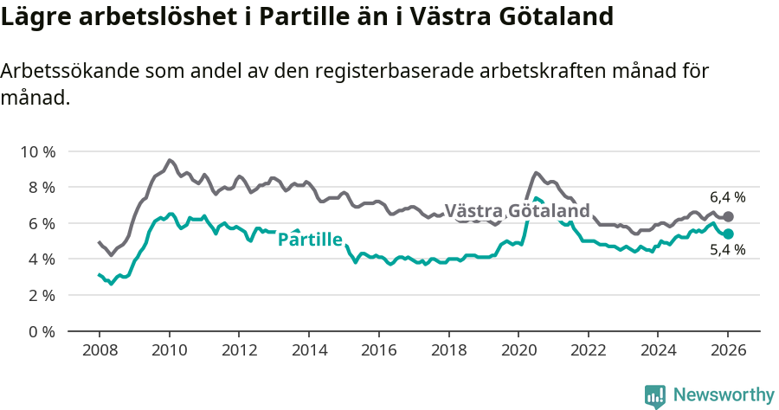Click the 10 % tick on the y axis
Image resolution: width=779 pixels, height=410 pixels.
pos(37,151)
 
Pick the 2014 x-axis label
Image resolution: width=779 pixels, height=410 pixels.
pos(308,351)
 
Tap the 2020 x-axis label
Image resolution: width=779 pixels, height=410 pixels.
pos(518,351)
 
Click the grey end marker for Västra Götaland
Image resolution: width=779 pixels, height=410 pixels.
pos(728,216)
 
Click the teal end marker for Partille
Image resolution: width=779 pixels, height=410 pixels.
pos(728,234)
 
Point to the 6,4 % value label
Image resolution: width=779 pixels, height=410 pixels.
pos(727,197)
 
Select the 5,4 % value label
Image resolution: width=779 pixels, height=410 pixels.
pos(727,251)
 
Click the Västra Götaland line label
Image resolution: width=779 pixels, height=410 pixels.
pos(517,211)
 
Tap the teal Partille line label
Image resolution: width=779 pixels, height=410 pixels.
pos(310,240)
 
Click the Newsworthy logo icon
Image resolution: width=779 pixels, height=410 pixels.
pos(655,396)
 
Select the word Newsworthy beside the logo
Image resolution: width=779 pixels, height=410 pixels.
pos(724,395)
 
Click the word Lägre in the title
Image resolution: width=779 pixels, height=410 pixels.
pos(35,16)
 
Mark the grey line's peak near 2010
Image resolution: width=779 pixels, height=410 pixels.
pos(170,160)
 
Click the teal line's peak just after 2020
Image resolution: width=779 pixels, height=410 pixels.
pos(537,198)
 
